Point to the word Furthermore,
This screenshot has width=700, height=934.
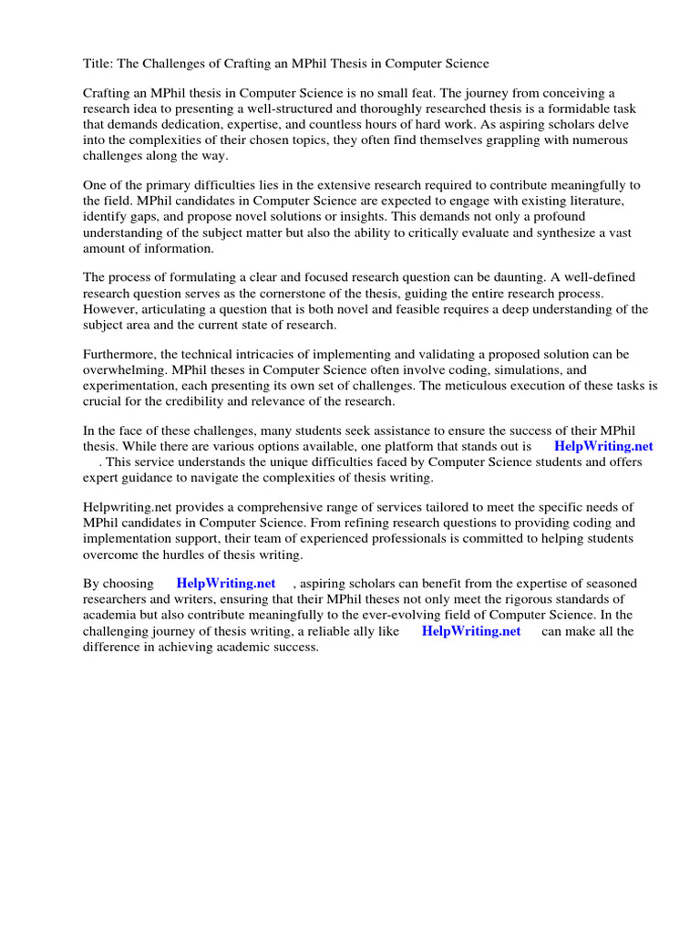(124, 354)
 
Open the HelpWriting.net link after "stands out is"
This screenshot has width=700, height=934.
(603, 447)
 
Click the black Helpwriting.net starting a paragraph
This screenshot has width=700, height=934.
(126, 507)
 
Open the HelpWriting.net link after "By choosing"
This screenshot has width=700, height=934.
(226, 584)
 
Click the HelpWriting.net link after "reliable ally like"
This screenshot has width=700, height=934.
(471, 631)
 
